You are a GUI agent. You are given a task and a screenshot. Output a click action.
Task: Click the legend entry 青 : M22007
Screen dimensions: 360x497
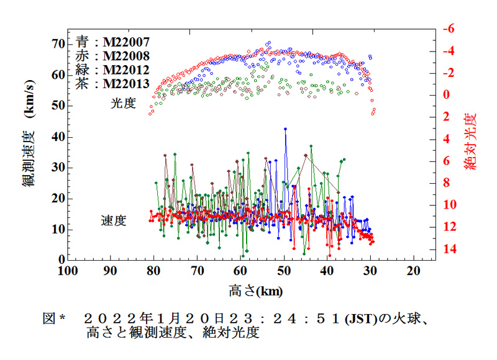pyautogui.click(x=112, y=42)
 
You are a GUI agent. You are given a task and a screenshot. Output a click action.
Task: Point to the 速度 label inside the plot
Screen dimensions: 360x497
pyautogui.click(x=114, y=220)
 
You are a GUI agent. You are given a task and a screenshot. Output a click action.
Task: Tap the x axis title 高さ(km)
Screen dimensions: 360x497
pyautogui.click(x=251, y=290)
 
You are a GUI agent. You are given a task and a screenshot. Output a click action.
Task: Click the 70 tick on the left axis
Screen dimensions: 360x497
pyautogui.click(x=58, y=43)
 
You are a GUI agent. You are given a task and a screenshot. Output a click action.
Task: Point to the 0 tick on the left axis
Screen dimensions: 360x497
pyautogui.click(x=62, y=259)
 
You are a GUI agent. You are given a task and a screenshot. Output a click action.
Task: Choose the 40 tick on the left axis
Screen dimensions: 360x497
pyautogui.click(x=58, y=137)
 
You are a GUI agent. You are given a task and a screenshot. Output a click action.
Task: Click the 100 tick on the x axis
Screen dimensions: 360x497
pyautogui.click(x=68, y=271)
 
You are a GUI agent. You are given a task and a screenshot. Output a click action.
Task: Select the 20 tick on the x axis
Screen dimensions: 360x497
pyautogui.click(x=413, y=271)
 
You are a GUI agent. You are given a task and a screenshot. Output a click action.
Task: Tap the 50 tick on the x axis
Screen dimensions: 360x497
pyautogui.click(x=284, y=271)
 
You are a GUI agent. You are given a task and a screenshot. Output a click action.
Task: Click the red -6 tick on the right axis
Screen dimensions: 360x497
pyautogui.click(x=448, y=29)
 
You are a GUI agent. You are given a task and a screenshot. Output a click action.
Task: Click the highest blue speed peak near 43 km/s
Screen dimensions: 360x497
pyautogui.click(x=285, y=129)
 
